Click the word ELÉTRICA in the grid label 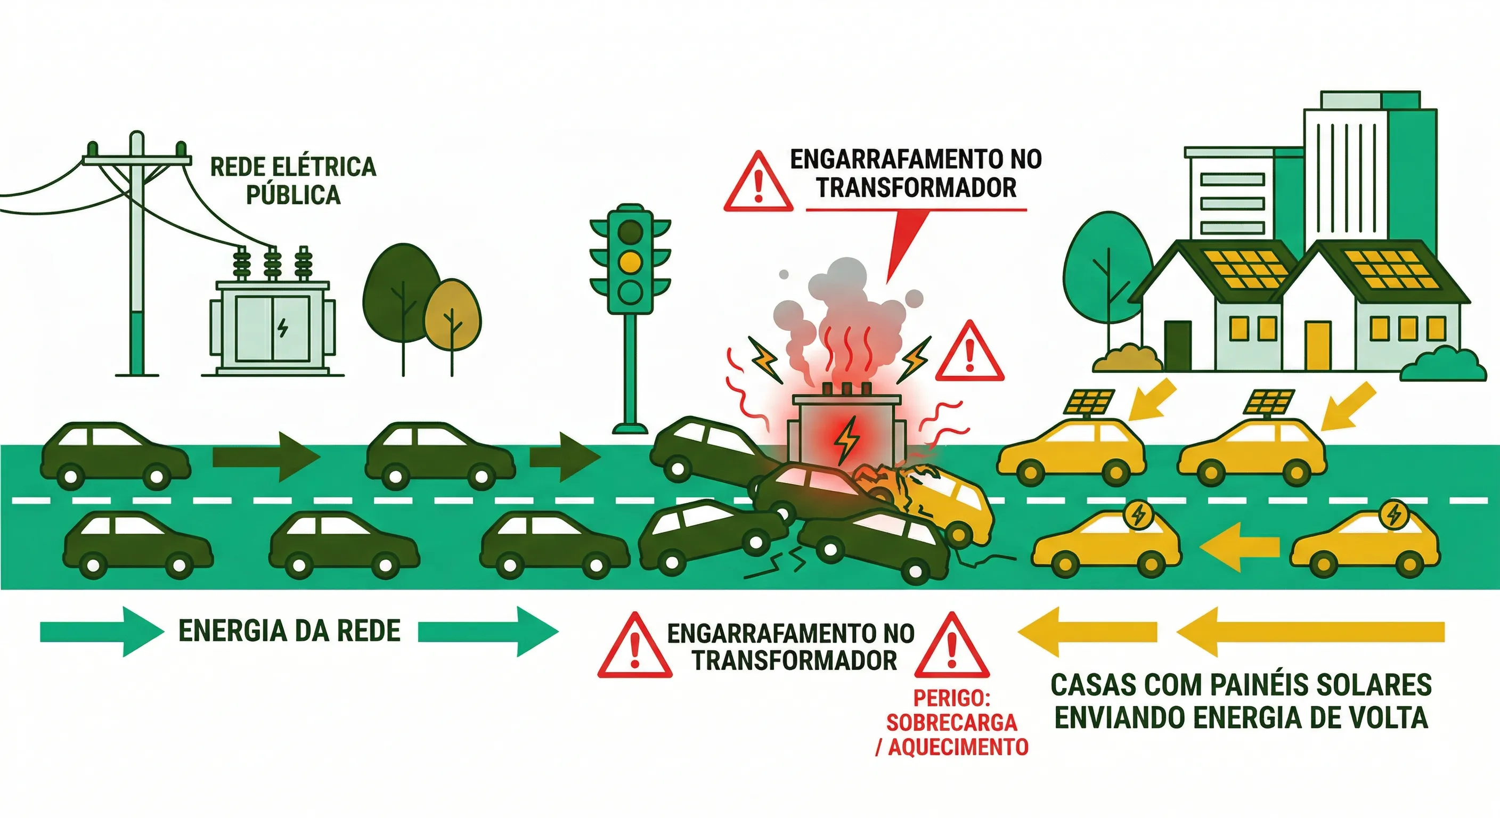point(324,167)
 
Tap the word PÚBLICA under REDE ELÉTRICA point(293,195)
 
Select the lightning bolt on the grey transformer point(282,327)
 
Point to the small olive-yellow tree point(452,315)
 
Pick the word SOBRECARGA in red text point(951,723)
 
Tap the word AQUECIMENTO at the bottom point(958,747)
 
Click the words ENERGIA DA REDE point(289,631)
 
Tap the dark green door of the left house point(1177,345)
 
